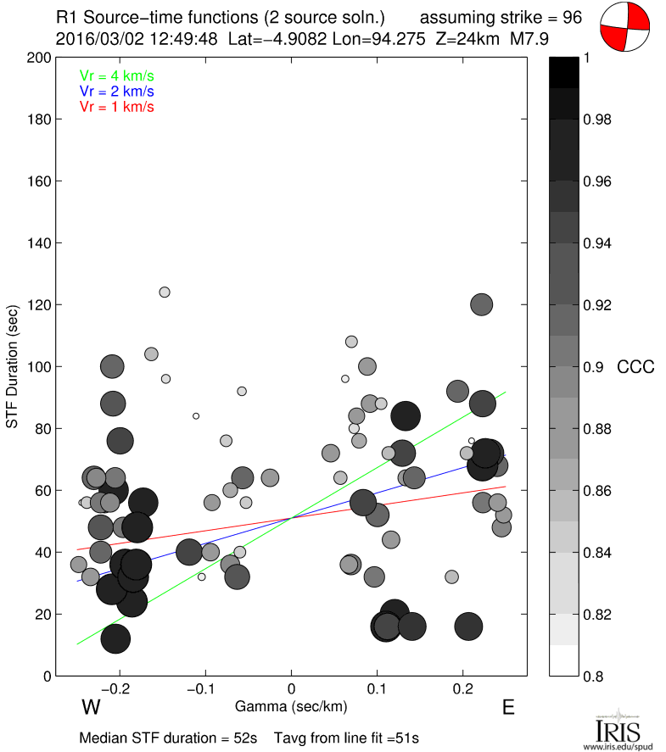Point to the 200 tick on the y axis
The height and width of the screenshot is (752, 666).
(x=38, y=58)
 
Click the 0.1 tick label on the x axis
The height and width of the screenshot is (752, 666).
(x=378, y=688)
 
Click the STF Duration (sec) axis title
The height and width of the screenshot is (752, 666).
(x=14, y=366)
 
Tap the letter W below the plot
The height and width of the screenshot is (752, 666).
(x=92, y=707)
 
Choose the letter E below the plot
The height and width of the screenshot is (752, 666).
(x=508, y=707)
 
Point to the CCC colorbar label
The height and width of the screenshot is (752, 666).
(x=635, y=367)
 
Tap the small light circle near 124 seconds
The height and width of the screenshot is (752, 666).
(x=165, y=292)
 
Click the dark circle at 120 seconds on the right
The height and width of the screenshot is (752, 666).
(x=482, y=304)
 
